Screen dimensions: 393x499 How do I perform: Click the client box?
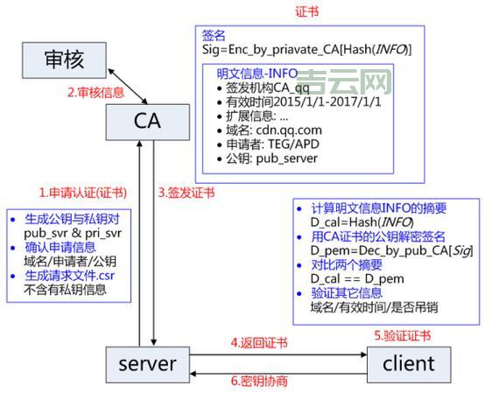click(409, 362)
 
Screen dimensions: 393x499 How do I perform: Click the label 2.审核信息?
click(93, 91)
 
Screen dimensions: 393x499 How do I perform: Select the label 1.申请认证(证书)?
click(81, 191)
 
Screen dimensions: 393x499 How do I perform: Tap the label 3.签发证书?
click(186, 191)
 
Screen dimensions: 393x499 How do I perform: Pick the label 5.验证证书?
click(402, 335)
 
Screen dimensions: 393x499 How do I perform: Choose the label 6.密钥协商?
click(258, 381)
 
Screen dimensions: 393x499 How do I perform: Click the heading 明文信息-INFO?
click(258, 74)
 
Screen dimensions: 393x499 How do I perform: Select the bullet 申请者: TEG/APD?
click(272, 144)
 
